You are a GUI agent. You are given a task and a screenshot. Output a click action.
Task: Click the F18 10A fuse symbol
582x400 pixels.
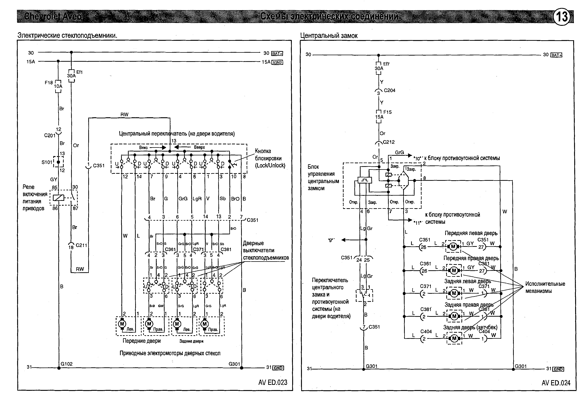pos(58,86)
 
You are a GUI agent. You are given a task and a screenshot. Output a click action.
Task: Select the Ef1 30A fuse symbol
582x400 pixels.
pos(71,76)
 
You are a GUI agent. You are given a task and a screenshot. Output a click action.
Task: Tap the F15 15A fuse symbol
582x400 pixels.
pos(379,117)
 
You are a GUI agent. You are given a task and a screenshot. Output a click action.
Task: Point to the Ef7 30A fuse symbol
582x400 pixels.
pos(379,68)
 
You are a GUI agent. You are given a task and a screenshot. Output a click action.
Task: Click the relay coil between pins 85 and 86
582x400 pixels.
pos(58,198)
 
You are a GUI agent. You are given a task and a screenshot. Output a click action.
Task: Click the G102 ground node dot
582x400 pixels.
pos(59,368)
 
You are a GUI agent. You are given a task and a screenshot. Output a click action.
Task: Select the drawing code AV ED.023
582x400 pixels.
pos(273,382)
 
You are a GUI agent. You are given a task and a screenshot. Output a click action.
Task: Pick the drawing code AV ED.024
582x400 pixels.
pos(556,383)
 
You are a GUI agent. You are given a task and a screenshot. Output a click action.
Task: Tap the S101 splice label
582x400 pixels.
pos(47,162)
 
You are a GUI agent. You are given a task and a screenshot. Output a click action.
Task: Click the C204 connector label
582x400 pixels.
pos(389,90)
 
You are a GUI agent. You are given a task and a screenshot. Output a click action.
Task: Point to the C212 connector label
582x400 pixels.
pos(389,142)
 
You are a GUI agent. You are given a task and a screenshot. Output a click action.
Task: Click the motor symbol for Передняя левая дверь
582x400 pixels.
pos(453,247)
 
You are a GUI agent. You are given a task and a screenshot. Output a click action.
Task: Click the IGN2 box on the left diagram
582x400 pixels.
pos(277,62)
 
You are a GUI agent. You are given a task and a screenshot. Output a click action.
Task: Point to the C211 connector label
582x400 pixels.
pos(81,245)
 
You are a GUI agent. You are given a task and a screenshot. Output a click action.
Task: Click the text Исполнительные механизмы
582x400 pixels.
pos(545,287)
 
